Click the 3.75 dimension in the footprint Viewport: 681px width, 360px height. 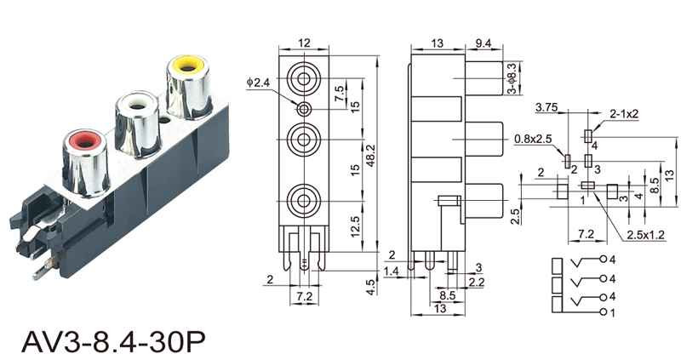(546, 108)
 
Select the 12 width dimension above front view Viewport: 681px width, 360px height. (304, 43)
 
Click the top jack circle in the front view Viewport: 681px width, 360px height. (304, 81)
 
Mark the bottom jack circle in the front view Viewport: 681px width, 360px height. (304, 201)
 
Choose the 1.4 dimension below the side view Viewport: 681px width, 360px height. (392, 271)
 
